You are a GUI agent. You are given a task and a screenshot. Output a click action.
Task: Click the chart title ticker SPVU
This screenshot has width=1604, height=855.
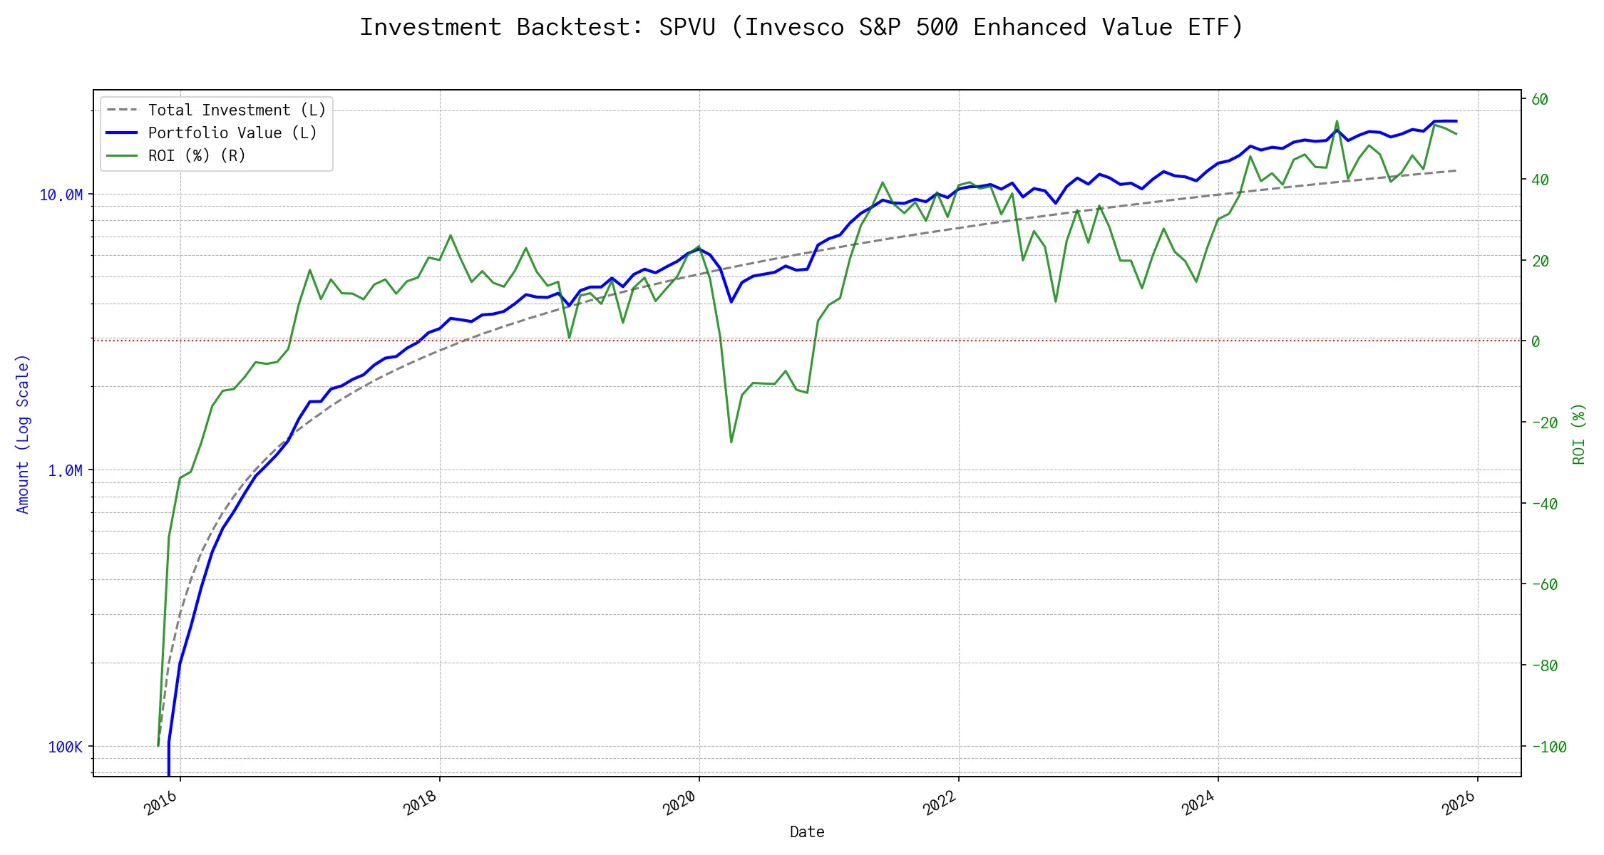pos(687,27)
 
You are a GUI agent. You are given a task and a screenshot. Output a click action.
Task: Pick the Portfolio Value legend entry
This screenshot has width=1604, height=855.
pos(232,133)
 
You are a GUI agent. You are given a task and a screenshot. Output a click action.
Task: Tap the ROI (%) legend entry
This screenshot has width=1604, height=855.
pos(197,156)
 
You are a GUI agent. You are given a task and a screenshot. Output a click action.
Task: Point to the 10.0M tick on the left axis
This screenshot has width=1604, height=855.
pos(61,195)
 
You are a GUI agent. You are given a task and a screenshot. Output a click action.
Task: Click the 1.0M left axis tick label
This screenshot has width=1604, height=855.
pos(65,471)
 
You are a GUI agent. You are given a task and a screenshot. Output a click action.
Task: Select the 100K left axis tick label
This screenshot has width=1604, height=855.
pos(65,747)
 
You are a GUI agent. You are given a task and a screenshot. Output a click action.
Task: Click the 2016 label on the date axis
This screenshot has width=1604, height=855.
pos(161,804)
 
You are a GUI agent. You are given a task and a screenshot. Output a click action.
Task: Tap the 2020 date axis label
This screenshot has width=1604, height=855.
pos(679,804)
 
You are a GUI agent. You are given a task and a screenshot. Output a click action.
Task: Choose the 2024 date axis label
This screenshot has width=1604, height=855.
pos(1198,804)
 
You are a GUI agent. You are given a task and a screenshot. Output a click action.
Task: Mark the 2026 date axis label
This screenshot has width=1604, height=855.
pos(1459,804)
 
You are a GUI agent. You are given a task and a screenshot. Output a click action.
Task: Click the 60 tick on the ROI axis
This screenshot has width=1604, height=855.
pos(1540,100)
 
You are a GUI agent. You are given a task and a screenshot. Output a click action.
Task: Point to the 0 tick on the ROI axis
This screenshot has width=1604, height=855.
pos(1536,342)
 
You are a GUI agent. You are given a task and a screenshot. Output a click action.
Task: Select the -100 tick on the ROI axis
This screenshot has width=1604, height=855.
pos(1548,747)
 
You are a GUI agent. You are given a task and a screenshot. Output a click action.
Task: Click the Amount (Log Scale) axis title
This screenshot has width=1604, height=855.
pos(23,434)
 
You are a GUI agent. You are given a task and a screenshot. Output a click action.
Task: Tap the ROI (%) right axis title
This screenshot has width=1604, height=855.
pos(1579,434)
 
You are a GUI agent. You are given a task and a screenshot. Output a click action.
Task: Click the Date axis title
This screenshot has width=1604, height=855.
pos(807,832)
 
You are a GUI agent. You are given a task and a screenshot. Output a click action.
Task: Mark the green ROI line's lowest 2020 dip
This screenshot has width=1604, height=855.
pos(731,442)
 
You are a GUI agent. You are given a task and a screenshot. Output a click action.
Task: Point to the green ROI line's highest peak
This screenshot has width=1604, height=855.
pos(1337,121)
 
